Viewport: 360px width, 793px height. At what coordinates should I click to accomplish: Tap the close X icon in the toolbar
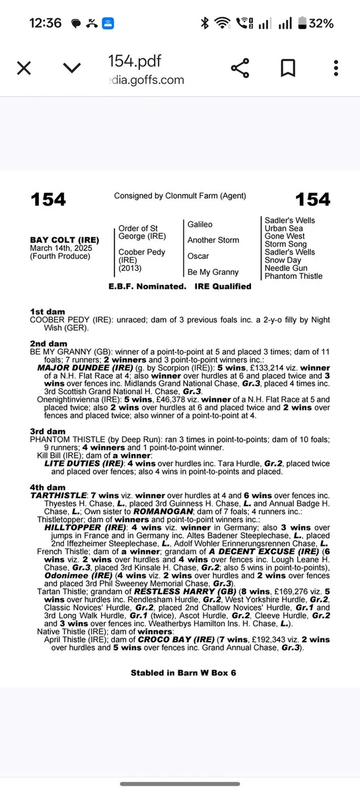pyautogui.click(x=24, y=68)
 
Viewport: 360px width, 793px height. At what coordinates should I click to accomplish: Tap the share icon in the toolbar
pyautogui.click(x=240, y=68)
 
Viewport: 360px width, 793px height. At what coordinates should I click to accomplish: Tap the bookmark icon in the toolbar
pyautogui.click(x=288, y=68)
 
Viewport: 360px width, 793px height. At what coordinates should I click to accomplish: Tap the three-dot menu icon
pyautogui.click(x=336, y=68)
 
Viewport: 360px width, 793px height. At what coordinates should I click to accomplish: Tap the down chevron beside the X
pyautogui.click(x=72, y=68)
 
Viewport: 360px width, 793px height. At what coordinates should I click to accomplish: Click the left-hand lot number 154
pyautogui.click(x=48, y=200)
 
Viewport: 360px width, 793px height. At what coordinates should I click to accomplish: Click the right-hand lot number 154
pyautogui.click(x=313, y=200)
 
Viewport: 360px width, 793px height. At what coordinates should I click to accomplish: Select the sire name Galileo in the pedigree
pyautogui.click(x=200, y=225)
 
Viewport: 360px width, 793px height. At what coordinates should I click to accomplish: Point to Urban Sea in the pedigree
pyautogui.click(x=285, y=228)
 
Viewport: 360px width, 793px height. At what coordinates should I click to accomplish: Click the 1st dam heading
pyautogui.click(x=47, y=311)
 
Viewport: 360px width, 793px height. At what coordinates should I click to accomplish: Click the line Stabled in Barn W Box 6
pyautogui.click(x=183, y=673)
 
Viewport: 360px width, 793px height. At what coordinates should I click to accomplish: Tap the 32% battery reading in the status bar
pyautogui.click(x=321, y=23)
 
